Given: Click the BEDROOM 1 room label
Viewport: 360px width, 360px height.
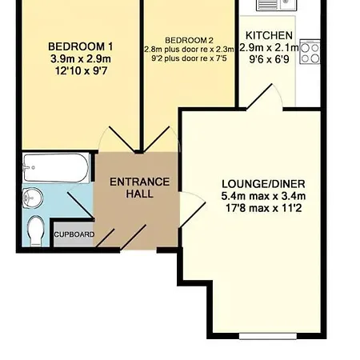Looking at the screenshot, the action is click(81, 46).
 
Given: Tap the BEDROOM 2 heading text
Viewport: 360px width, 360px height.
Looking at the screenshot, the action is click(189, 41).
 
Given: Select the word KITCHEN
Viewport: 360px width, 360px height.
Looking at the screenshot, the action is click(269, 35).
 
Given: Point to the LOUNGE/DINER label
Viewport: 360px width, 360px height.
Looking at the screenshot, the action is click(263, 184).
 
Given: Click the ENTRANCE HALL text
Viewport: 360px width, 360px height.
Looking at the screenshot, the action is click(140, 188).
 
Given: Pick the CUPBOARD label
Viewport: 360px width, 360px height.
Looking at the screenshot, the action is click(74, 234).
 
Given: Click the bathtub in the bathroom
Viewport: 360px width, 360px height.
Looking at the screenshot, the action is click(56, 168).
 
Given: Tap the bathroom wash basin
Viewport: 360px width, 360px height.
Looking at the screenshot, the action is click(32, 198).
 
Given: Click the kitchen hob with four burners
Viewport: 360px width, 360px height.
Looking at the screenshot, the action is click(310, 52).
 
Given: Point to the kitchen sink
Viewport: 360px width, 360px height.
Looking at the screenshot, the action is click(276, 6).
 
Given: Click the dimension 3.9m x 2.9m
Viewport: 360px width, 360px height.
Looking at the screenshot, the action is click(81, 59).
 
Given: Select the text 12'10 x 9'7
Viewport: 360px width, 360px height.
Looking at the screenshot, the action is click(81, 71).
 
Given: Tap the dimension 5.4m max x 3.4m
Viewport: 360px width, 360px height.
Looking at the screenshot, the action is click(263, 196).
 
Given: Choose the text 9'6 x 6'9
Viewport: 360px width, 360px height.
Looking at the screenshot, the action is click(269, 59).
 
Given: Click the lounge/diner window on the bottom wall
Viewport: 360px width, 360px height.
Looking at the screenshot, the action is click(268, 336).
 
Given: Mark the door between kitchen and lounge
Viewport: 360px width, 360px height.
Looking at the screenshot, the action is click(264, 97).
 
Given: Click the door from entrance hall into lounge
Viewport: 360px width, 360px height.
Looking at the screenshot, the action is click(193, 210).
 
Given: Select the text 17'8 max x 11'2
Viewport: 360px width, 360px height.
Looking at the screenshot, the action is click(264, 208).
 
